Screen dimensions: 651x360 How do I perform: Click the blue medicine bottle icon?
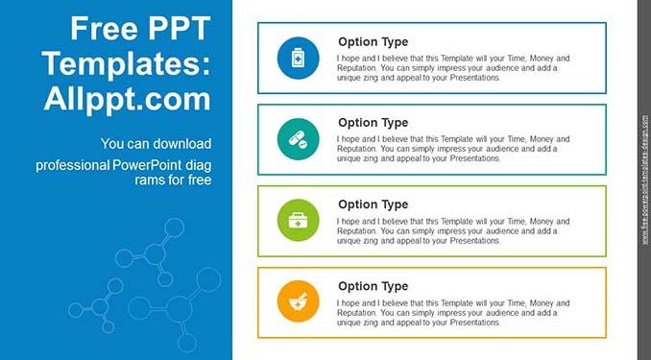(298, 58)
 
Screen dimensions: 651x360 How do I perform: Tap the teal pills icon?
(298, 138)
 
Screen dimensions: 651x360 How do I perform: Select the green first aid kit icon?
(298, 220)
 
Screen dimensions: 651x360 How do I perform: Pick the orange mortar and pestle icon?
(298, 301)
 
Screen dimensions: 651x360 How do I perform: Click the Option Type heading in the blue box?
(373, 42)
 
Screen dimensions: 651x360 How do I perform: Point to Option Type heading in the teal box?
(373, 123)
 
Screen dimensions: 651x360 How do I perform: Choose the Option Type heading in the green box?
(373, 204)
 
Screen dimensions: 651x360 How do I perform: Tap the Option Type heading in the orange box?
(373, 286)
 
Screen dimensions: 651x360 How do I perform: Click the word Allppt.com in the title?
(128, 100)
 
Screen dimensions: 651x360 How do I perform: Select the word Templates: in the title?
(127, 63)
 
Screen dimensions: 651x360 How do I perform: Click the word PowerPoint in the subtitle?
(147, 165)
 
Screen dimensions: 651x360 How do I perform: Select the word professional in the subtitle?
(72, 166)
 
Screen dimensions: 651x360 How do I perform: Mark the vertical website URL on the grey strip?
(645, 180)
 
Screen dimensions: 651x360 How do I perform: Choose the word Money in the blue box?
(542, 59)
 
